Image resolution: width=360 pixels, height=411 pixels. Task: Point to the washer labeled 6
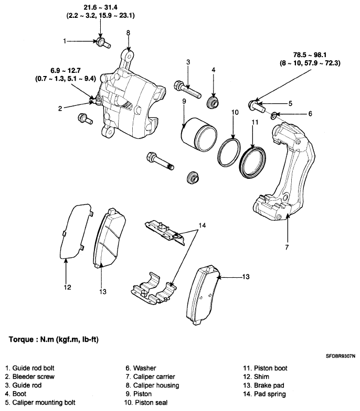coord(273,115)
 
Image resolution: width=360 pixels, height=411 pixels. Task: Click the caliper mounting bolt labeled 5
coord(257,105)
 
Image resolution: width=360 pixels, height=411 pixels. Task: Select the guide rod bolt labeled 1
coord(103,43)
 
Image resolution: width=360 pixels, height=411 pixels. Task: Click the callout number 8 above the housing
coord(128,33)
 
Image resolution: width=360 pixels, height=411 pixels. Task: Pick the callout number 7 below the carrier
coord(287,247)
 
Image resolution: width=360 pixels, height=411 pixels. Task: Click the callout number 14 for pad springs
coord(202,225)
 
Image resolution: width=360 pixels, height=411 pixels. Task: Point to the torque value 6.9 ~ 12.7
coord(66,71)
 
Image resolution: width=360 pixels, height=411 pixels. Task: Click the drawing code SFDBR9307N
coord(341,356)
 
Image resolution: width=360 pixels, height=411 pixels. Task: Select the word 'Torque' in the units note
coord(21,340)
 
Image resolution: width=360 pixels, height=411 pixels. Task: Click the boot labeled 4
coord(213,102)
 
